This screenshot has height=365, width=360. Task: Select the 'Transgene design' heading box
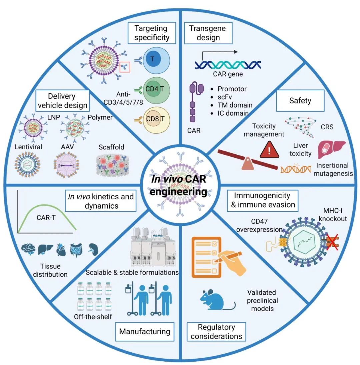tap(207, 33)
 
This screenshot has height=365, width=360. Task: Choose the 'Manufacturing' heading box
tap(145, 331)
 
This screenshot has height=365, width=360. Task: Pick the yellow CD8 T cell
tap(153, 118)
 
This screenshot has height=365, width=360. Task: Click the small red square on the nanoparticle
tap(124, 69)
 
